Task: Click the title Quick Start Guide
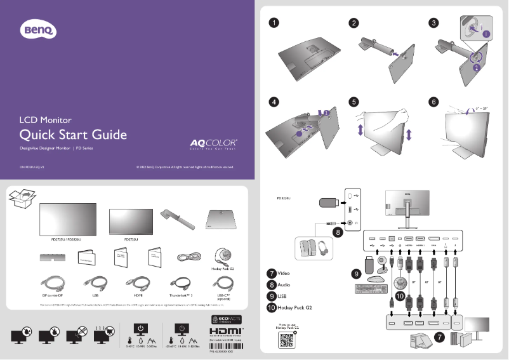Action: tap(73, 135)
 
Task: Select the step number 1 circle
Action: tap(273, 23)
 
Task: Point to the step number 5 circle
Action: tap(354, 102)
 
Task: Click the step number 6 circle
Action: tap(433, 102)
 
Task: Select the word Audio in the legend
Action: tap(284, 284)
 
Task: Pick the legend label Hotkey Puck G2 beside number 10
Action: tap(295, 307)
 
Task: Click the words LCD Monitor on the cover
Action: tap(45, 119)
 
